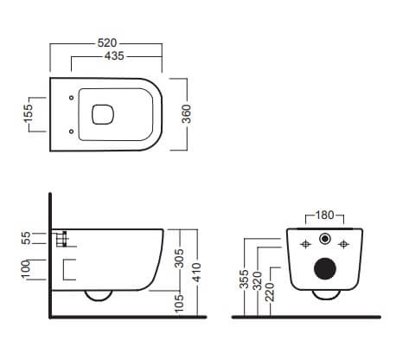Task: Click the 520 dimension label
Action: click(107, 43)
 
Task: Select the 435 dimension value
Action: click(114, 56)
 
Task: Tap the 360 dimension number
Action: click(187, 114)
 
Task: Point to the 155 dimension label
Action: click(29, 114)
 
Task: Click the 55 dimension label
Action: click(26, 238)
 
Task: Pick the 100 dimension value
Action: click(26, 269)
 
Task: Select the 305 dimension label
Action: click(179, 259)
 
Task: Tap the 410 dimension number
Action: click(197, 273)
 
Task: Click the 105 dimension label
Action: click(179, 303)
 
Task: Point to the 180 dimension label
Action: click(324, 215)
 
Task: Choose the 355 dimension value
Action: click(245, 279)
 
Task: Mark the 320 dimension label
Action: click(257, 280)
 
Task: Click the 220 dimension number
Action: click(270, 292)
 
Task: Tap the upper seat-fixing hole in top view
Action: click(71, 98)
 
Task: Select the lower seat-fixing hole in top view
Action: click(71, 132)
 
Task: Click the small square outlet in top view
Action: click(103, 114)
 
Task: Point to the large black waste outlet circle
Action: click(325, 268)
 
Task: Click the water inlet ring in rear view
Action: click(325, 239)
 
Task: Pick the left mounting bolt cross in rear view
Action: click(305, 245)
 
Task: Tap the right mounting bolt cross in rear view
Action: click(343, 245)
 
